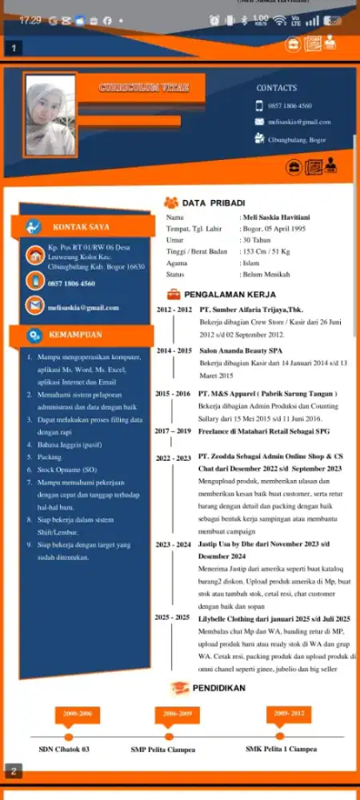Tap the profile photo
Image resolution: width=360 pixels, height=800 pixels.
point(50,115)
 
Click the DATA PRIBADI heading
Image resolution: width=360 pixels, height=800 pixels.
point(214,202)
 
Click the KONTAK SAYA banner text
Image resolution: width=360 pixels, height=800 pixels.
point(81,227)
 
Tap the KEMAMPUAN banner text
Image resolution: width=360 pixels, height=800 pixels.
point(75,334)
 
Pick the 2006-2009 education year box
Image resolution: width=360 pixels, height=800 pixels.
point(176,712)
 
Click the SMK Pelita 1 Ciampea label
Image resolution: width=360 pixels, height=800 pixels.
point(281,749)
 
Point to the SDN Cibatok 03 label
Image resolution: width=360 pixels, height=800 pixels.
point(64,750)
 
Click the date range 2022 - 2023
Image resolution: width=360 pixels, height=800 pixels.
point(173,458)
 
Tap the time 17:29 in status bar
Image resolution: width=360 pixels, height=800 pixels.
point(30,20)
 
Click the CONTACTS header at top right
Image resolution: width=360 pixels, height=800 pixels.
point(276,87)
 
